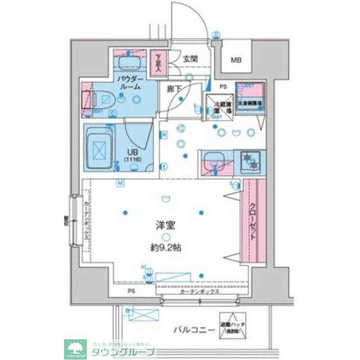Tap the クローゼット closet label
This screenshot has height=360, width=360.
point(253,221)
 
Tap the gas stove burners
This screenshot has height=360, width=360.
point(249,162)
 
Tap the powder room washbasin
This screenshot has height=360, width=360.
point(131,62)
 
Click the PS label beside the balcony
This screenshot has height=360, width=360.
point(131,291)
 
